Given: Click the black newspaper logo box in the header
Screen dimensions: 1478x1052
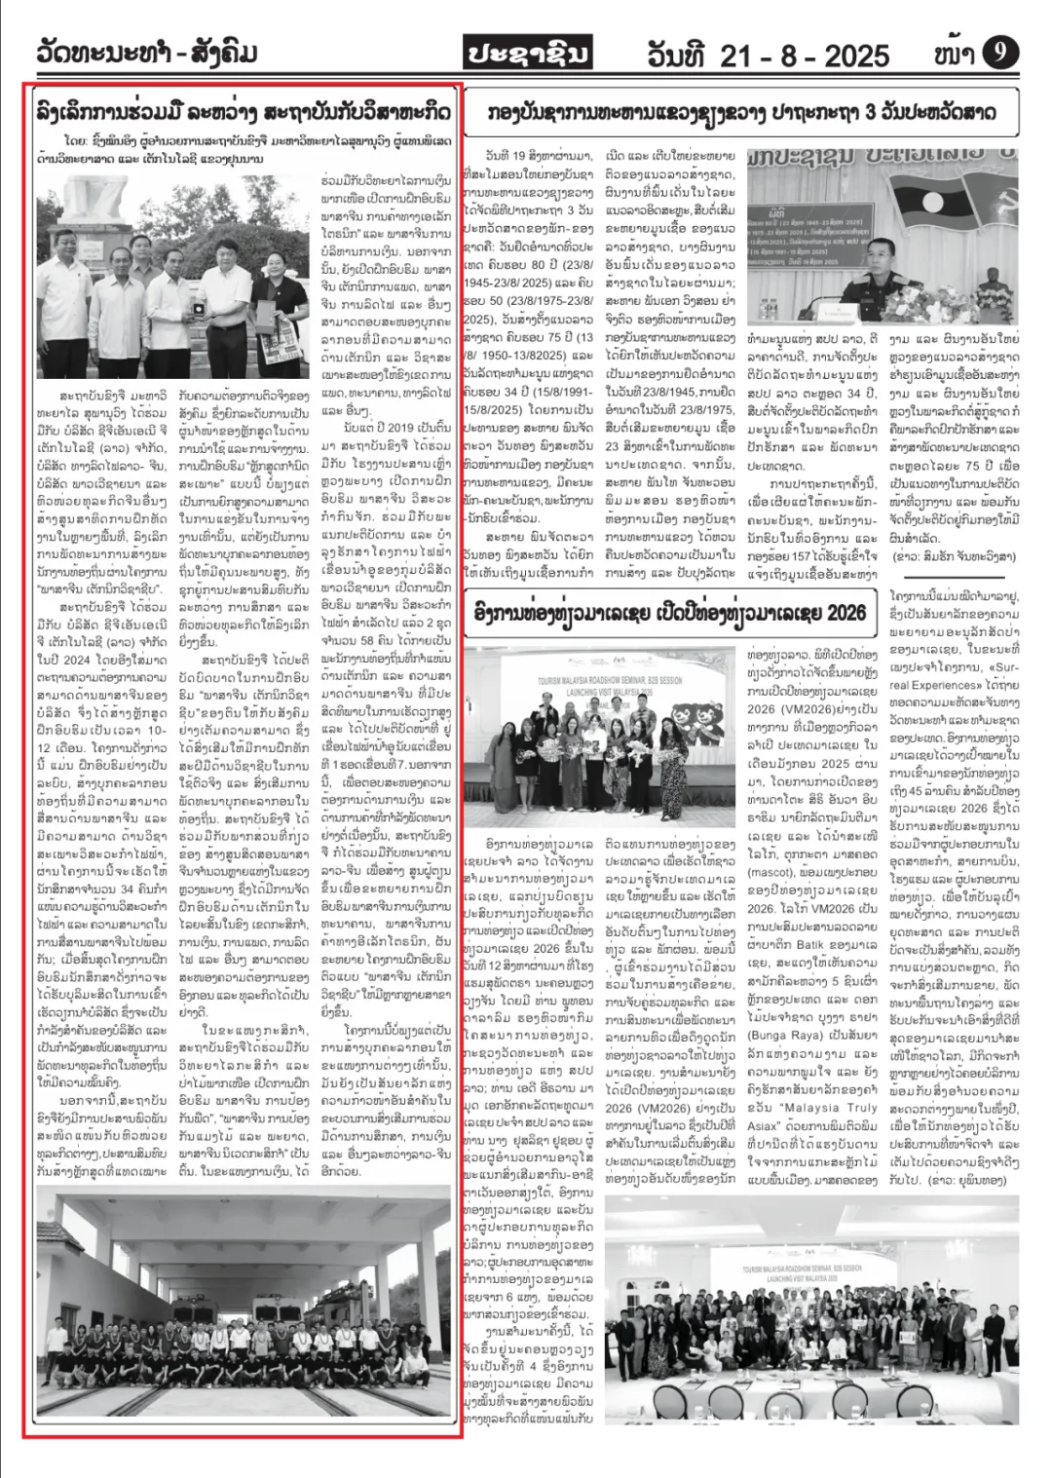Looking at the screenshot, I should tap(527, 54).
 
